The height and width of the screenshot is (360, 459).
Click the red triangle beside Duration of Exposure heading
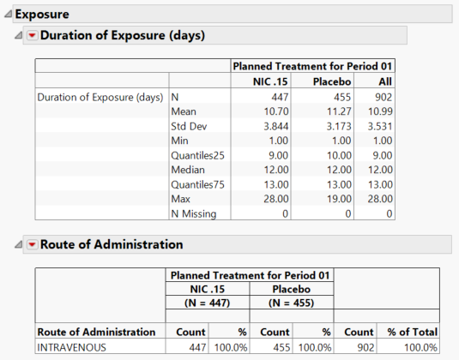[33, 36]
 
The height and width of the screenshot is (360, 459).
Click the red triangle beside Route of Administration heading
[33, 244]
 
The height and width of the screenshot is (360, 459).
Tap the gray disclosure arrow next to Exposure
[8, 15]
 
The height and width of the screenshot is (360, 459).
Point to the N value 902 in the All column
[380, 97]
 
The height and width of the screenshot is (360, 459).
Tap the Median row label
[190, 170]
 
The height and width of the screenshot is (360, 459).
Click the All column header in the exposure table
[384, 81]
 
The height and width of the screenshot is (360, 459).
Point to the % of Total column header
[410, 332]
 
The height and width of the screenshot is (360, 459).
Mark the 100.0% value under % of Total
[419, 347]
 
